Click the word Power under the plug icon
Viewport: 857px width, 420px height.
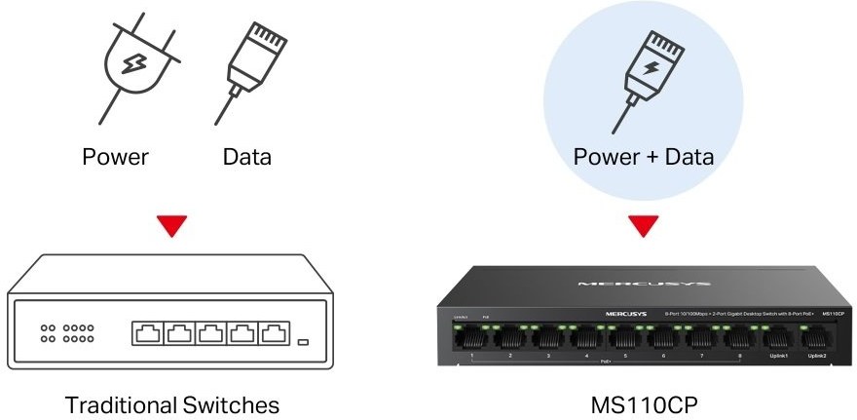pyautogui.click(x=115, y=156)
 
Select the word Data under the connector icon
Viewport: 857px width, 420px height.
pyautogui.click(x=246, y=156)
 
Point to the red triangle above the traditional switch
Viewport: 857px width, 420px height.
pyautogui.click(x=172, y=227)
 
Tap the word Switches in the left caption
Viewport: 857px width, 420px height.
pyautogui.click(x=231, y=404)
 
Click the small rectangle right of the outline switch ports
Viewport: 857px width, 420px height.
pyautogui.click(x=304, y=342)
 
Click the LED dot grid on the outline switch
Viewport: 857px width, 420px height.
pyautogui.click(x=66, y=333)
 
